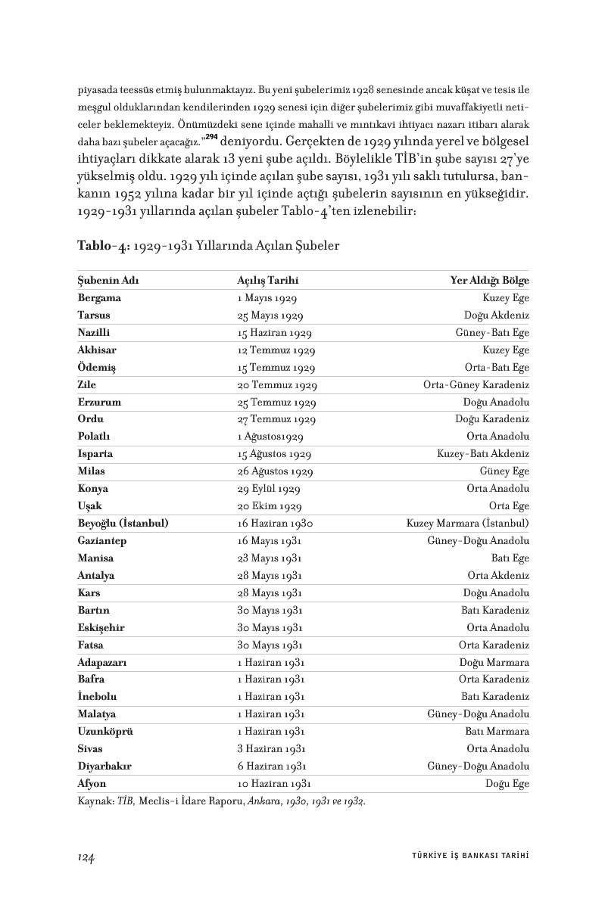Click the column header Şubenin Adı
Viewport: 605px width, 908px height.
click(x=108, y=281)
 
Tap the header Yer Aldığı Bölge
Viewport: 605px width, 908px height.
click(x=490, y=281)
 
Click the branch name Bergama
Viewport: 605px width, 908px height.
click(x=99, y=298)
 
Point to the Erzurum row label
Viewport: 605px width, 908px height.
click(x=99, y=402)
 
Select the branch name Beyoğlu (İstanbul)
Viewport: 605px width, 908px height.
click(x=123, y=523)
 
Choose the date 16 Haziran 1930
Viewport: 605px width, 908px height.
click(x=275, y=523)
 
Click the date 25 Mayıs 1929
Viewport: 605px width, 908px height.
click(x=270, y=316)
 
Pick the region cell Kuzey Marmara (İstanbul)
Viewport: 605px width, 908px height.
click(x=467, y=523)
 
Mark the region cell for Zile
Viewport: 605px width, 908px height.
click(x=476, y=384)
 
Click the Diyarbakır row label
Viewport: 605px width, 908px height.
click(x=104, y=766)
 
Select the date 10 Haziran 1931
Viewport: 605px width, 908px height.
click(x=274, y=783)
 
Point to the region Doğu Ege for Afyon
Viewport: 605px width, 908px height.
click(x=507, y=783)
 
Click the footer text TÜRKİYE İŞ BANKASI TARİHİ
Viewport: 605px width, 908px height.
click(x=464, y=857)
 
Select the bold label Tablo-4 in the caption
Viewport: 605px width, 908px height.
click(x=100, y=246)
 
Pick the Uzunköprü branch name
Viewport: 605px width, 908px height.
click(x=106, y=731)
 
